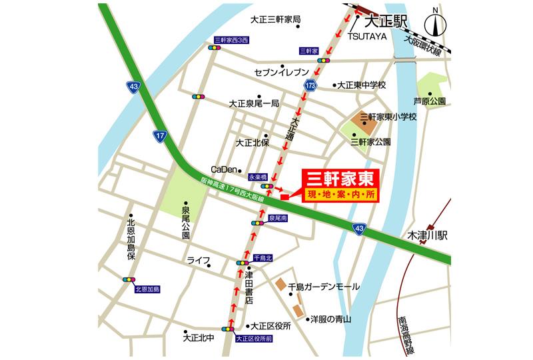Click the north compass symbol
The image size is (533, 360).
pos(434,25)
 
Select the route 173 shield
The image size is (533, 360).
pos(310,85)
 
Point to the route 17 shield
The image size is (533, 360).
pos(159,135)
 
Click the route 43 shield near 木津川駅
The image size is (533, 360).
pos(359,229)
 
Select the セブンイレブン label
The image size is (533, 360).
pos(282,71)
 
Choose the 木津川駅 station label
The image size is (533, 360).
pos(430,236)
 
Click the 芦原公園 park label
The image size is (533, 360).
pos(429,101)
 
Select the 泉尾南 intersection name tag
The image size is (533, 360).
pos(277,218)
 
